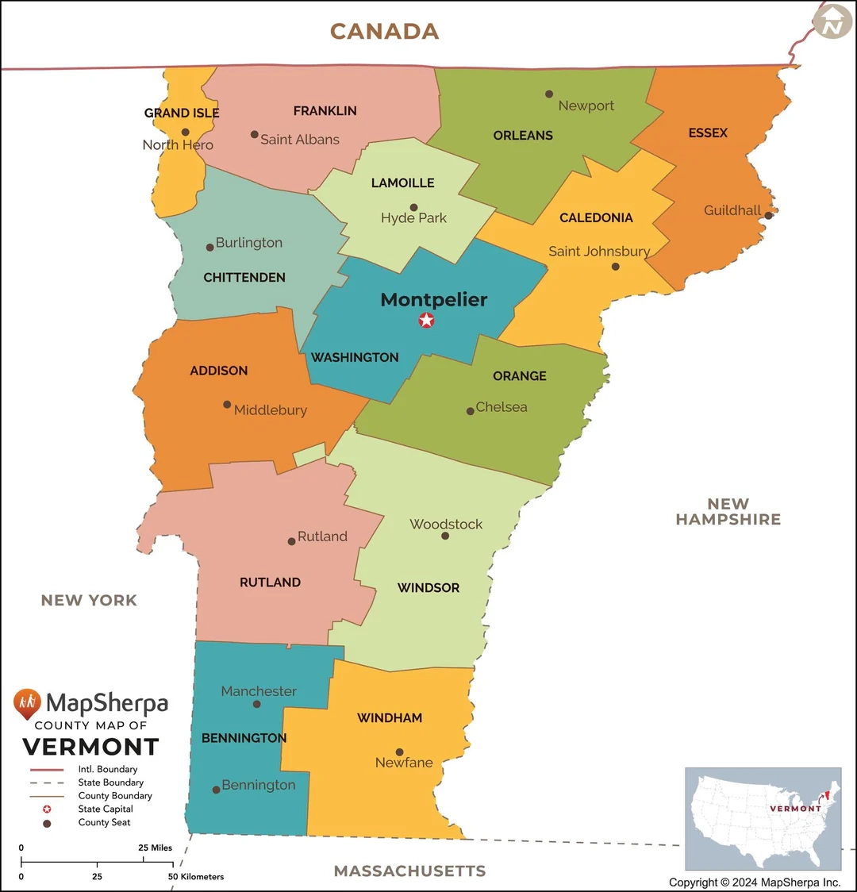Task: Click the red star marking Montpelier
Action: point(427,321)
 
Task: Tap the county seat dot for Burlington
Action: point(210,248)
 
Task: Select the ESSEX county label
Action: point(708,133)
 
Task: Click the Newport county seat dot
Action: point(548,94)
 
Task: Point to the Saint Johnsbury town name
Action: point(599,252)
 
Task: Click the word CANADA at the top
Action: point(384,32)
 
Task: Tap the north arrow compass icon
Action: point(832,21)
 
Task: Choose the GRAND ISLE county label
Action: point(182,113)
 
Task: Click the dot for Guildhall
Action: point(768,215)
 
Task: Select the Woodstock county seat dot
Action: point(445,536)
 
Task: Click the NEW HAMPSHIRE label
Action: point(728,512)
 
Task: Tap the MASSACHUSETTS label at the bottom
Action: point(409,871)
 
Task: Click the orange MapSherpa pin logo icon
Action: point(27,703)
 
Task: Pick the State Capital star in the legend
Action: point(47,809)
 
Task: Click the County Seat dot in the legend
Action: point(47,824)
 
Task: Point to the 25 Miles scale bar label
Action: point(155,848)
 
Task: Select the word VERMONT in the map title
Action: point(90,748)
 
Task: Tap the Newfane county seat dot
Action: point(400,752)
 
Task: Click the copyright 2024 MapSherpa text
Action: point(754,882)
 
